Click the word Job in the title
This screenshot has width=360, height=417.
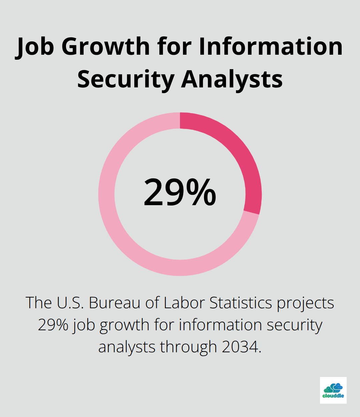click(35, 47)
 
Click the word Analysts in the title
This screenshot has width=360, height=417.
click(232, 79)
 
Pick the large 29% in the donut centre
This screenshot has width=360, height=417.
click(180, 193)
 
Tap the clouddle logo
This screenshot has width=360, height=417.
click(333, 390)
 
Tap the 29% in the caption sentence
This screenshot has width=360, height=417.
click(53, 325)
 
